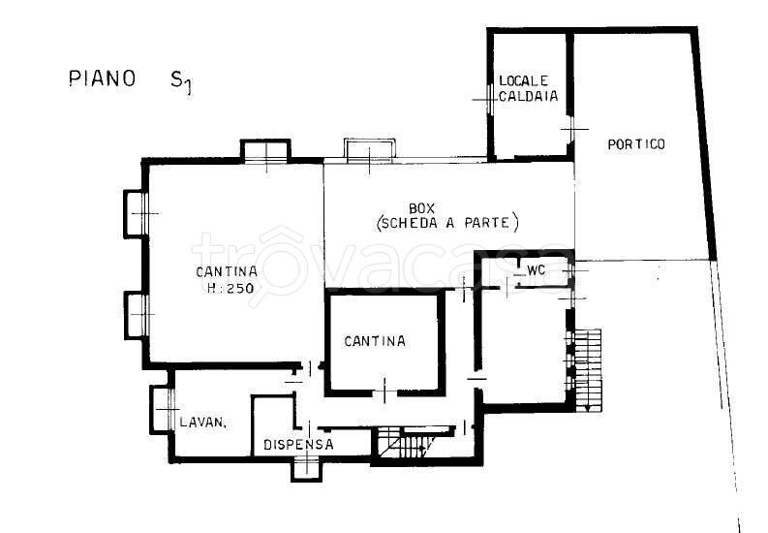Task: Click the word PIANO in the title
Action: (102, 78)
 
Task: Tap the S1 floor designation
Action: (181, 81)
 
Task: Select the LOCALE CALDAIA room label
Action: (528, 88)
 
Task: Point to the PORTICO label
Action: (636, 144)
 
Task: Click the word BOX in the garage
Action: (421, 209)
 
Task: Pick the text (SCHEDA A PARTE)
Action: (447, 223)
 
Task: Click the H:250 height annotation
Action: (230, 288)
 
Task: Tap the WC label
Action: (536, 270)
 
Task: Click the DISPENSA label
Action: (298, 445)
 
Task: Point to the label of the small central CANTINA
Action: (375, 341)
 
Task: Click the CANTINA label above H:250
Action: (227, 271)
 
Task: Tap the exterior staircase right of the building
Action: (587, 370)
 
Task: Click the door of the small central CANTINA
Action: (384, 391)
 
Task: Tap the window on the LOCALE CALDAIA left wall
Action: (490, 100)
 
